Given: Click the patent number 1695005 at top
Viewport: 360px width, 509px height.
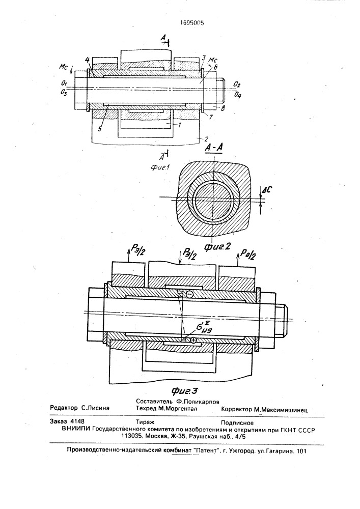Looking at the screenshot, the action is pyautogui.click(x=192, y=23).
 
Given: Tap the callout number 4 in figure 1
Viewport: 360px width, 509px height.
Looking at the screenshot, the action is pyautogui.click(x=88, y=60).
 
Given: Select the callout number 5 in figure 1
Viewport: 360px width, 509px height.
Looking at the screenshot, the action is pyautogui.click(x=99, y=129).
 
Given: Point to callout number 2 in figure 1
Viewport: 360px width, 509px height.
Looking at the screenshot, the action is pyautogui.click(x=205, y=139).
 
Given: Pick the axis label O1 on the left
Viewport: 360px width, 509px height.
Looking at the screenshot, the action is pyautogui.click(x=64, y=84).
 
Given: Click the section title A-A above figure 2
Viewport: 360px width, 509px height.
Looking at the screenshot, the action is pyautogui.click(x=214, y=148).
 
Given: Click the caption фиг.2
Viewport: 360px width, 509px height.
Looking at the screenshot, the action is pyautogui.click(x=217, y=246).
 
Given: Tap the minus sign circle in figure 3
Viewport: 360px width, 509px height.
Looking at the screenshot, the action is pyautogui.click(x=190, y=294).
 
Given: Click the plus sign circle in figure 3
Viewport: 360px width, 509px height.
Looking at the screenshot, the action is pyautogui.click(x=193, y=340).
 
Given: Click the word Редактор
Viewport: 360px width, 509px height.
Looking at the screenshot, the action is pyautogui.click(x=64, y=408).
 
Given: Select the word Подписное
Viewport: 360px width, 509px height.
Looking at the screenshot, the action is pyautogui.click(x=237, y=422).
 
